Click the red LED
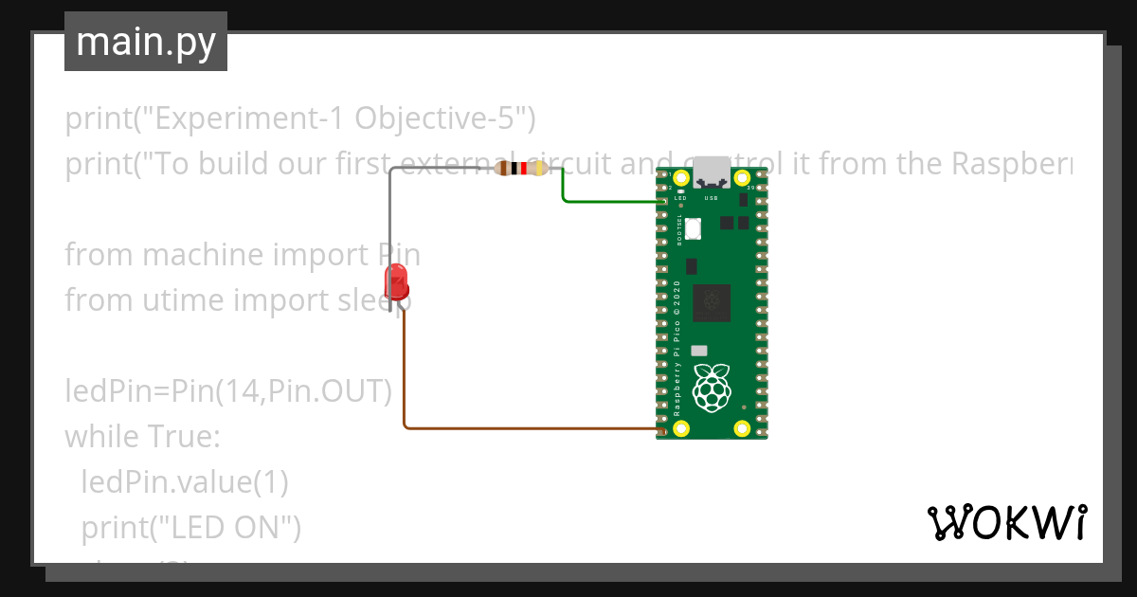pos(396,282)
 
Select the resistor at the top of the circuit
pos(521,169)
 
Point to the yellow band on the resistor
pos(540,169)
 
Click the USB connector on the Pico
pos(712,172)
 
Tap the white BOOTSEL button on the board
pos(692,228)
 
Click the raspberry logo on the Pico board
pos(712,389)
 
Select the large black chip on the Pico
pos(711,302)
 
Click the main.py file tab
pos(146,42)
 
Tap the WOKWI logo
pos(1005,522)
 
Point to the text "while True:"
pos(142,437)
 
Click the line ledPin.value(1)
pos(184,481)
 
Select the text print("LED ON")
pos(190,526)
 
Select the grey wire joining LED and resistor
pos(389,218)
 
